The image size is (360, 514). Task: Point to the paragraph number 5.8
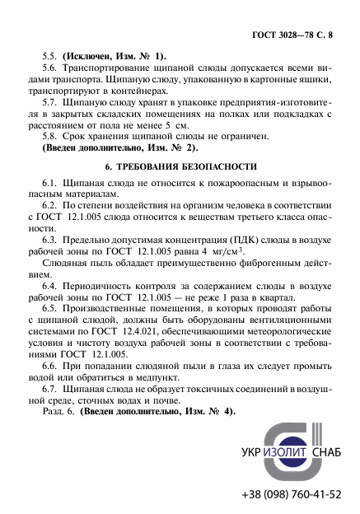pos(49,136)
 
